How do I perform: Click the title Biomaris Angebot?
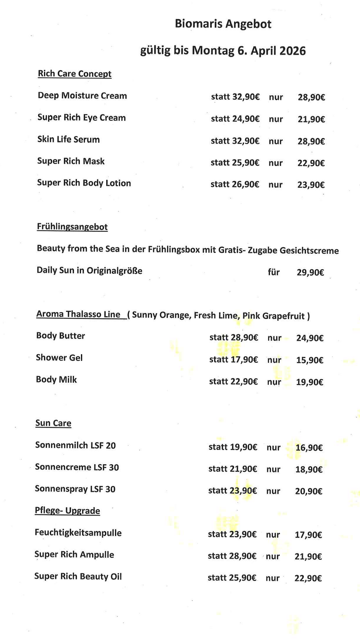tap(223, 24)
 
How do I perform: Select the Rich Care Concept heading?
tap(75, 74)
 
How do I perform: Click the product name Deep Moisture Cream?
tap(82, 96)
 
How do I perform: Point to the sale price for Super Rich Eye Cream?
tap(311, 119)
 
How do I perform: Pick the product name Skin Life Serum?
tap(69, 140)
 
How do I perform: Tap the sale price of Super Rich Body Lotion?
tap(311, 185)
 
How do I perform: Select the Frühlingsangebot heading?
tap(72, 227)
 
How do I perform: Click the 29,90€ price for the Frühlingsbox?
tap(310, 272)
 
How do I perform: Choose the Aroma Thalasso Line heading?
tap(78, 314)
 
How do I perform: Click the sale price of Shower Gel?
tap(310, 360)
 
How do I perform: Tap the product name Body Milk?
tap(56, 380)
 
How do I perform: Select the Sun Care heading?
tap(53, 423)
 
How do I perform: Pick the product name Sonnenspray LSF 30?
tap(75, 489)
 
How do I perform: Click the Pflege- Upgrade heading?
tap(67, 511)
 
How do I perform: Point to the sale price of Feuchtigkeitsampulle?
tap(308, 535)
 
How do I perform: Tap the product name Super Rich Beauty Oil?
tap(78, 576)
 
